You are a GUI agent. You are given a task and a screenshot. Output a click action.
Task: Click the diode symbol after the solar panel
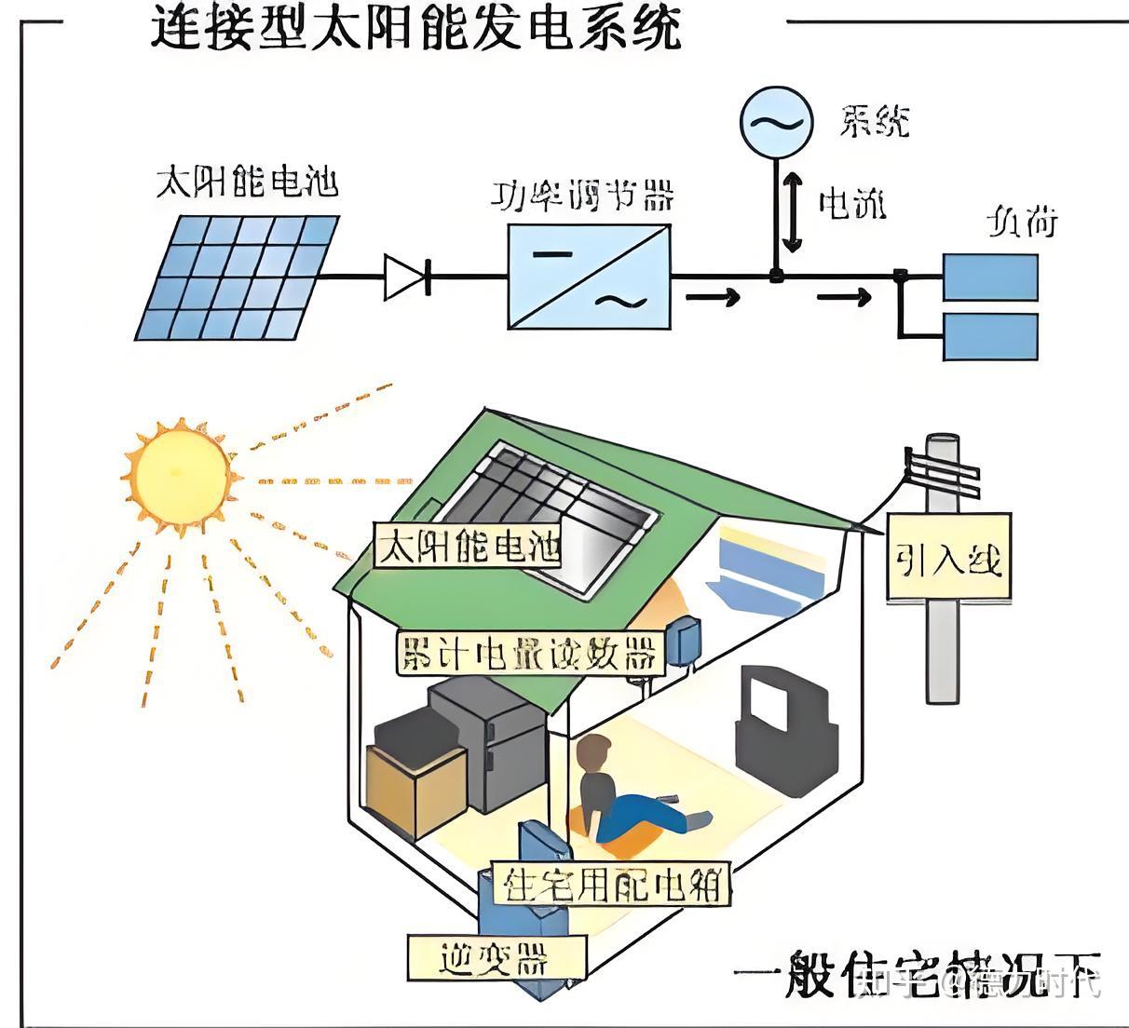408,277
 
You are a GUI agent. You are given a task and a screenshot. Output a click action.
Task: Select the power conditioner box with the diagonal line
589,276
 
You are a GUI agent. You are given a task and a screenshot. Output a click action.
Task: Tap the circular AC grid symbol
772,121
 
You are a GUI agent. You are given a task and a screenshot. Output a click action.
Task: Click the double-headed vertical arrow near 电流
792,212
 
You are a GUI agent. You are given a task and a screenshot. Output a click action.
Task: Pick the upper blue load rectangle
989,277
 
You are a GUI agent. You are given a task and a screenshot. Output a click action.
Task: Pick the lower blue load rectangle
989,336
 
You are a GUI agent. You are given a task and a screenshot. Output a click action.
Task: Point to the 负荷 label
1022,223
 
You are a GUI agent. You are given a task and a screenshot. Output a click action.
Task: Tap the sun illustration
179,476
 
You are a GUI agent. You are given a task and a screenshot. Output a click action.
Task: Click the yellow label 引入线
947,559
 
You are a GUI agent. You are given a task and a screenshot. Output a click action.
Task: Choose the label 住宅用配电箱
612,884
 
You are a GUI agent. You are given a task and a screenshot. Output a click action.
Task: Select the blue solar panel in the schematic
238,277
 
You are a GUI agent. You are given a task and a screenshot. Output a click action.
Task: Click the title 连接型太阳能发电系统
415,28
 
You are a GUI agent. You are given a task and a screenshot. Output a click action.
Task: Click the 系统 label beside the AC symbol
874,122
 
